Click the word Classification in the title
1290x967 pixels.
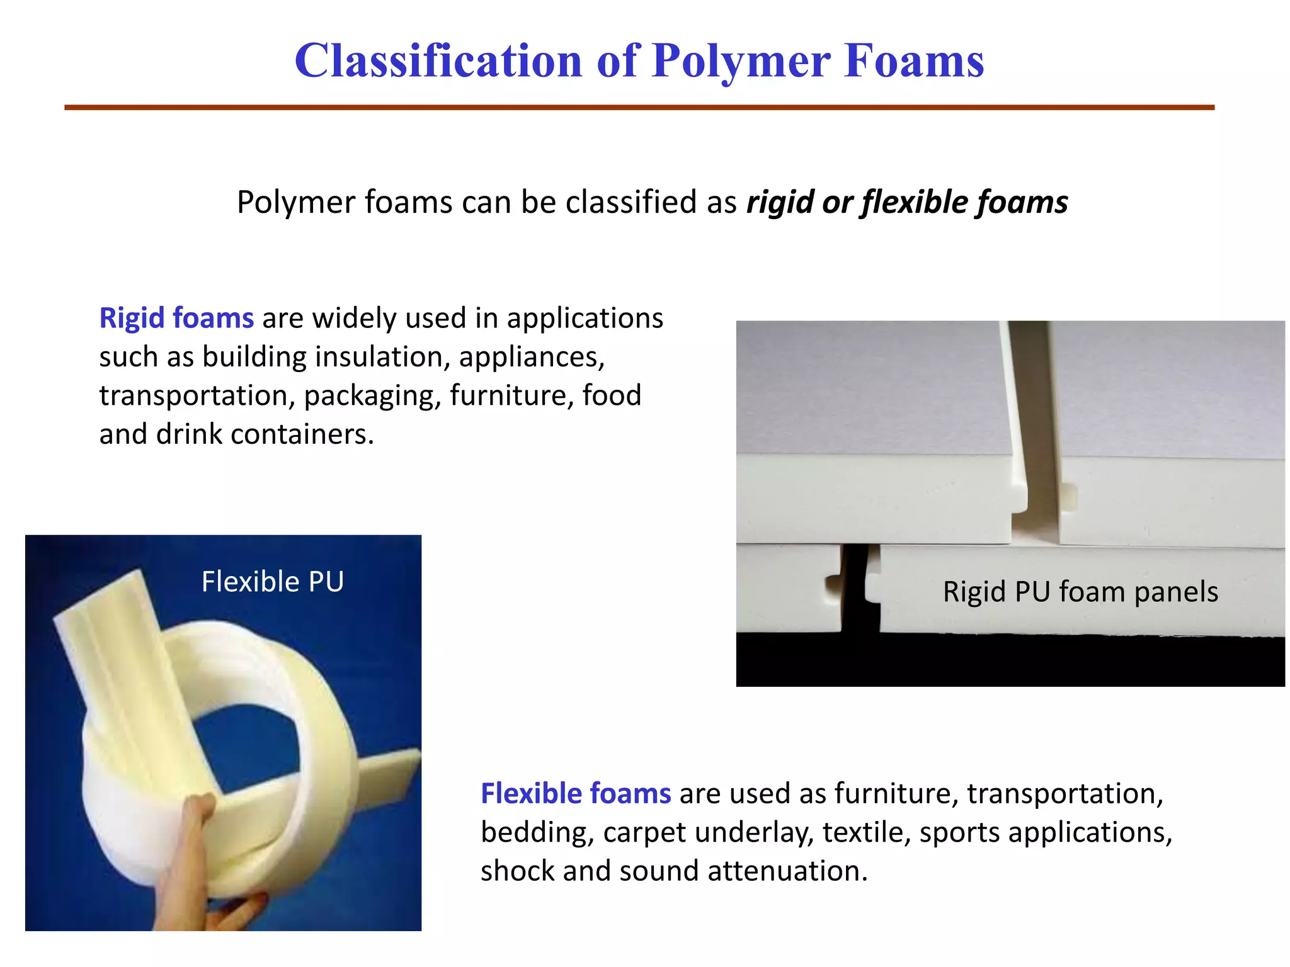pos(438,61)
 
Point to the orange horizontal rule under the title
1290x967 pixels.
pos(639,108)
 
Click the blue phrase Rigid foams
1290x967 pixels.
pos(176,318)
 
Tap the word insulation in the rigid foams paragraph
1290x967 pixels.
pos(382,357)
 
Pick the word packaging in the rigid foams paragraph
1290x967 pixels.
pos(372,397)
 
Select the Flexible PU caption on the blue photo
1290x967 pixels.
pos(272,581)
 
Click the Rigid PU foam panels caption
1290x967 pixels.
pos(1080,592)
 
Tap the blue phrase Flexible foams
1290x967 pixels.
pos(575,793)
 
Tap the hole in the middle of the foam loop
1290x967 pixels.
pos(252,743)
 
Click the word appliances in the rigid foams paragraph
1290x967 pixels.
pos(531,358)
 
